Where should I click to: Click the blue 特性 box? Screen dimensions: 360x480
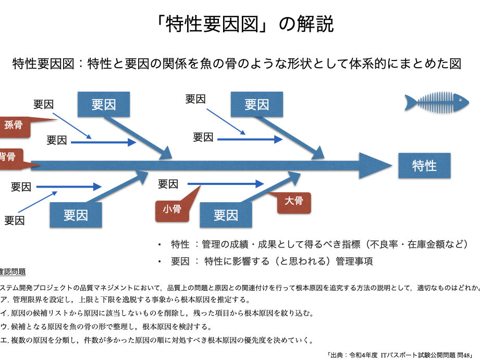point(424,166)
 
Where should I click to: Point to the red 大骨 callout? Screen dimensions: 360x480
point(293,201)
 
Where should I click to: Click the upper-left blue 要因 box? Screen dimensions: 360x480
point(103,104)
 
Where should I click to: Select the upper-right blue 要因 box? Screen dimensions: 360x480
point(256,104)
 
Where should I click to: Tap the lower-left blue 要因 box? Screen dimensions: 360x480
point(76,215)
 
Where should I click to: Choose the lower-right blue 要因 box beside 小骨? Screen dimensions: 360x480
point(226,215)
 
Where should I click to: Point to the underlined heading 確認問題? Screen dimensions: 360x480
point(13,271)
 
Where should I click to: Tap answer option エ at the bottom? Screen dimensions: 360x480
point(156,340)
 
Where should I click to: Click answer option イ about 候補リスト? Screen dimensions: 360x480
point(157,313)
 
